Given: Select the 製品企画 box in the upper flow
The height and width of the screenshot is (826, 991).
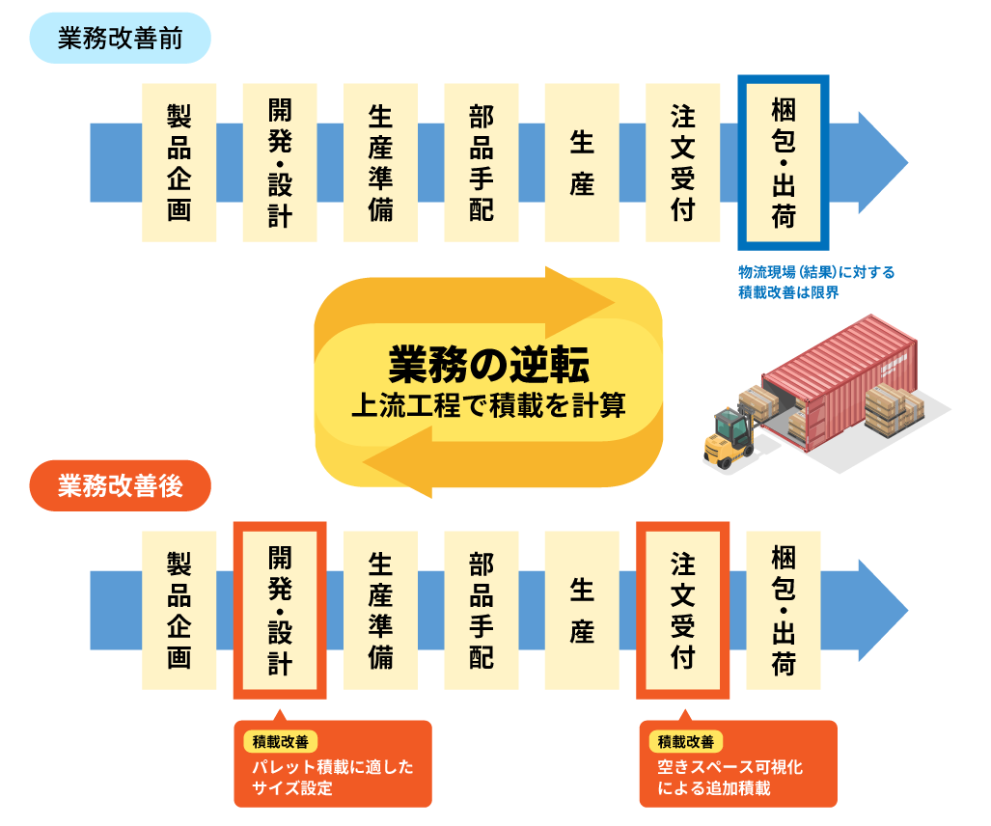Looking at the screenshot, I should tap(179, 162).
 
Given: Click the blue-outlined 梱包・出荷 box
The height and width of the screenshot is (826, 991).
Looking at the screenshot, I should tap(783, 162).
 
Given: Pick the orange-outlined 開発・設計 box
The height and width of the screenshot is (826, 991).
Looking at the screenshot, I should tap(280, 610).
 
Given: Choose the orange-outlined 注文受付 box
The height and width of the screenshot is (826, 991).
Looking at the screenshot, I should tap(682, 610).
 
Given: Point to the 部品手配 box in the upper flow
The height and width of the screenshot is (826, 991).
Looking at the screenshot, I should tap(481, 162).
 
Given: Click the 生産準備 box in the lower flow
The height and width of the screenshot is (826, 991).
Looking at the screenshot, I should tap(380, 610).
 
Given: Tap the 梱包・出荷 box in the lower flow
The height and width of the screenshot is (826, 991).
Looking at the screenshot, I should tap(783, 610).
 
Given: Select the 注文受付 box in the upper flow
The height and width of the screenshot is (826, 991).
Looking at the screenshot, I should tap(682, 162).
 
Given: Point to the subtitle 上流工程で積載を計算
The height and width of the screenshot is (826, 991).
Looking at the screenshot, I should tap(488, 405).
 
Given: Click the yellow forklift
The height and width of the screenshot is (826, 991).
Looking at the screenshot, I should tap(729, 437).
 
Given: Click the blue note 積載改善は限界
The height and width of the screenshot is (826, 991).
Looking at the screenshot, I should tap(788, 292).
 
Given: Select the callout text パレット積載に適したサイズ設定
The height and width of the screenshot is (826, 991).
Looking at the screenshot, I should tap(332, 778).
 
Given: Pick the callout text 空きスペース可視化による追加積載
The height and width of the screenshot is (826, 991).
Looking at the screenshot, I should tap(729, 778).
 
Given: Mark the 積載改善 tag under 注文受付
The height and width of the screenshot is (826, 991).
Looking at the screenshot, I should tap(686, 742).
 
